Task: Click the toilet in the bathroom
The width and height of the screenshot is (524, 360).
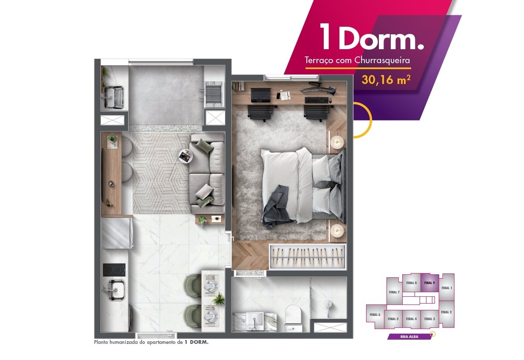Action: pos(293,318)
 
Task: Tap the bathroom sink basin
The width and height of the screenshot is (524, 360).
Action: pos(255,321)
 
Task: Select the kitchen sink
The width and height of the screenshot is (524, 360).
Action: pos(116,290)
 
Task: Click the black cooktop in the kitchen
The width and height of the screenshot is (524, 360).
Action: pos(114,270)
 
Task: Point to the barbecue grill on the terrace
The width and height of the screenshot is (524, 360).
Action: pos(213,94)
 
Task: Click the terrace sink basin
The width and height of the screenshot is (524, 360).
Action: pos(114,98)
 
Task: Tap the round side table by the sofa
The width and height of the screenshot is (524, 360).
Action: pos(186,156)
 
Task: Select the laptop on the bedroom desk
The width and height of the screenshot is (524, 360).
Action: pos(261,95)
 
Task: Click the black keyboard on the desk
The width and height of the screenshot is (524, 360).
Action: pos(317,100)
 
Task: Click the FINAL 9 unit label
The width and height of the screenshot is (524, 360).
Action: pos(429,283)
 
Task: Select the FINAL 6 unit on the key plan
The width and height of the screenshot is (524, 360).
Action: pos(375,315)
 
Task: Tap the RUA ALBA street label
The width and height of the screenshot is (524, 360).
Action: pos(409,337)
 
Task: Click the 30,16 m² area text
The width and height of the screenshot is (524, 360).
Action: pos(386,80)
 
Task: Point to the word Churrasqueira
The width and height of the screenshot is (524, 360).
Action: pos(382,60)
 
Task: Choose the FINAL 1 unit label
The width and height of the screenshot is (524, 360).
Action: pos(447,288)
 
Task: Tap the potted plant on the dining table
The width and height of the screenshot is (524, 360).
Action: pos(218,299)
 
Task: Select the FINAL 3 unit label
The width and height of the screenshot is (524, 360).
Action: pos(429,319)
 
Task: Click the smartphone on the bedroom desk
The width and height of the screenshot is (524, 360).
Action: pos(278,95)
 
